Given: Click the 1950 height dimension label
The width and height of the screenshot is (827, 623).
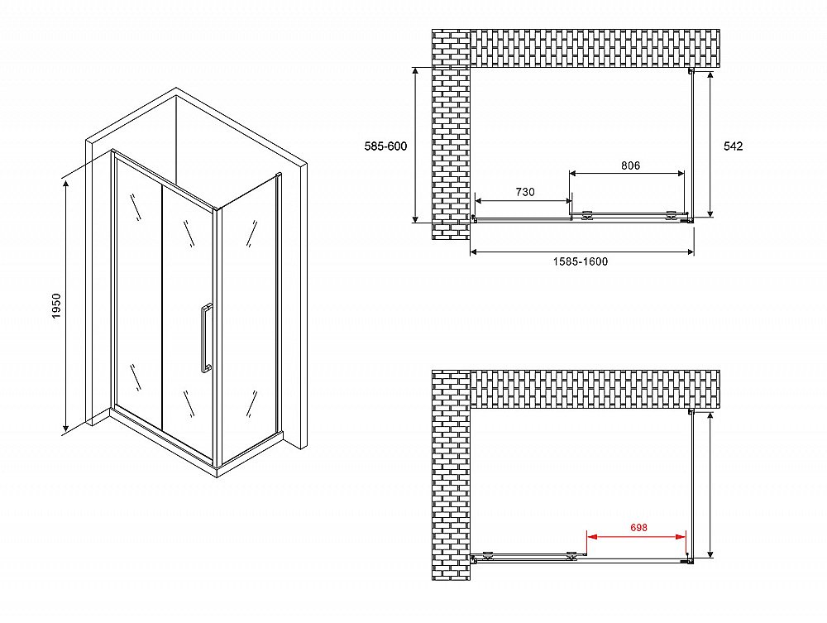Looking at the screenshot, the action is point(57,306).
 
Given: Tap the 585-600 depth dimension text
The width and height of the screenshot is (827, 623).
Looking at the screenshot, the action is point(385,146).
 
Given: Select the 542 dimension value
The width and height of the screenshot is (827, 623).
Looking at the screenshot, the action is point(733,146).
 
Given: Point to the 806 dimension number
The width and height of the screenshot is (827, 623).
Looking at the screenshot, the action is point(630,165).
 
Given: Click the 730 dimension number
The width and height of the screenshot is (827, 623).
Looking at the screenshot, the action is point(525,192).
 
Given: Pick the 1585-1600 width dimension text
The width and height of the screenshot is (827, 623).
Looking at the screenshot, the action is point(581,261).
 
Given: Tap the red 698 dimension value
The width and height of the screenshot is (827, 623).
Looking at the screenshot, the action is point(638,528).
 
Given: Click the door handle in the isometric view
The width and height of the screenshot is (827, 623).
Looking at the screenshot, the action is point(206,338).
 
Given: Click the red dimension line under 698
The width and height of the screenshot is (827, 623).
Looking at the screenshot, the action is point(637,537).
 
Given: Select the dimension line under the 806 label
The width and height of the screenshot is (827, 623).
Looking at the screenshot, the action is point(627,173).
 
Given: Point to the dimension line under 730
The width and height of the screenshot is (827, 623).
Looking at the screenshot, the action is point(523,200).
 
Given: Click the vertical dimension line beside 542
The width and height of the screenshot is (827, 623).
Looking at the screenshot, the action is point(710,144).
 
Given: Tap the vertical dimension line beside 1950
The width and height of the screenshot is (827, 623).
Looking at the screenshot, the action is point(66,305).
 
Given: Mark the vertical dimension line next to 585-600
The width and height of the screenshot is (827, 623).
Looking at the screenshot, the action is point(416,145).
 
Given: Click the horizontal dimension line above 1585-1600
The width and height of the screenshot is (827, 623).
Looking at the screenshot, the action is point(581,252).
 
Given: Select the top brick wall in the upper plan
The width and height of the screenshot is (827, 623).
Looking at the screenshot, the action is point(595,49).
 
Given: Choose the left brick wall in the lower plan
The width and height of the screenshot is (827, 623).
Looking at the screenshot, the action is point(451,475).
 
